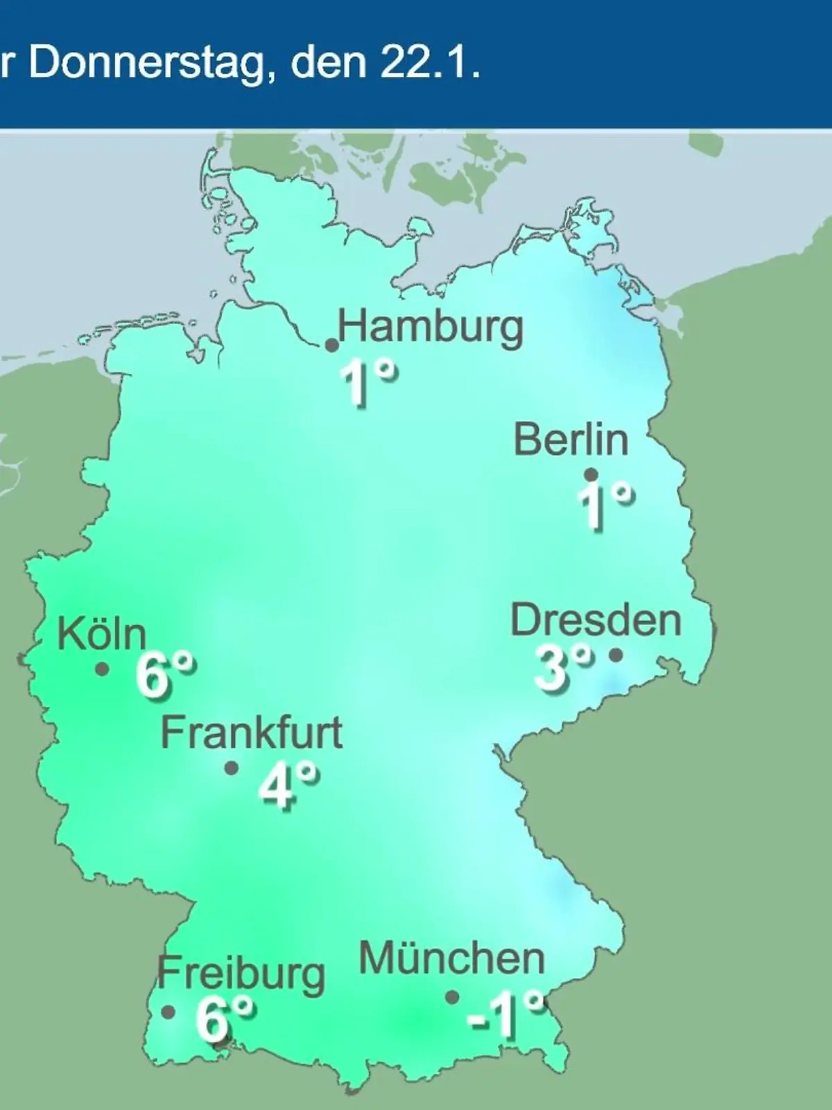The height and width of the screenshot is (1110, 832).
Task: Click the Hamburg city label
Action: (x=431, y=327)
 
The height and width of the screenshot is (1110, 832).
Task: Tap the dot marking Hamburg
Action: (x=332, y=345)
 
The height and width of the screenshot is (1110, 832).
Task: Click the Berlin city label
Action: (x=571, y=440)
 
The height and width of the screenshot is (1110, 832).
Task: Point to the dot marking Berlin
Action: (x=591, y=475)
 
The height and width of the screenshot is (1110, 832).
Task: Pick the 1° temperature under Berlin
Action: (x=605, y=506)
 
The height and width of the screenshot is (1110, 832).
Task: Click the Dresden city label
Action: (x=596, y=620)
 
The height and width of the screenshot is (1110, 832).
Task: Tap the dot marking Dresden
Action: (x=615, y=654)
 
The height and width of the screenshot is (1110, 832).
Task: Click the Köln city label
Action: (x=102, y=633)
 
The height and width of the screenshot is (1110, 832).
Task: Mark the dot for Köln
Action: (x=103, y=669)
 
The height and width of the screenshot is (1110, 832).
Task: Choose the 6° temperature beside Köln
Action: (x=165, y=675)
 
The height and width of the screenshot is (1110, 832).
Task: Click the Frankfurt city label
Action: (x=252, y=733)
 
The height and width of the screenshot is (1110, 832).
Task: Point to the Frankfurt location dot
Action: (x=232, y=768)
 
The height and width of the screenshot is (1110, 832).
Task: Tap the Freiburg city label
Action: (x=241, y=973)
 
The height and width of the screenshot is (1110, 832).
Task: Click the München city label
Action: (x=451, y=959)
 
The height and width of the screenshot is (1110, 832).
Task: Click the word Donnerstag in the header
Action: (x=147, y=64)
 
